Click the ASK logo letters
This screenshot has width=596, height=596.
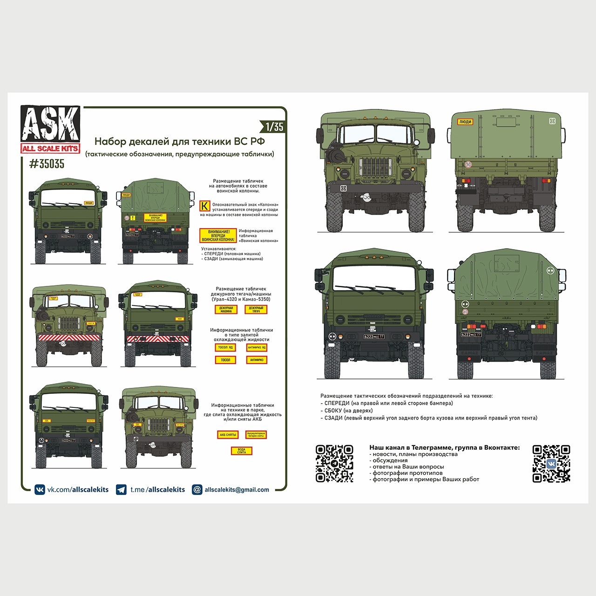(50, 124)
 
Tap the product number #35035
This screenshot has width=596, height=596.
(47, 164)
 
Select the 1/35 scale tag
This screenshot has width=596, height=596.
(274, 127)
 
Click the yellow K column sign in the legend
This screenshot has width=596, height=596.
(204, 206)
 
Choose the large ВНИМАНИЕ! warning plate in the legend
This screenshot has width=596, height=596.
(218, 236)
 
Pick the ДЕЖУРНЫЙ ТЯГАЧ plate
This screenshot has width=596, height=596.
(256, 309)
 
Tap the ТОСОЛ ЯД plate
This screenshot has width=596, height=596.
(225, 347)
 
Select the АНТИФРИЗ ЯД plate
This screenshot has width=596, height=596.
(256, 347)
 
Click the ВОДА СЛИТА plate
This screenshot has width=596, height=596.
(241, 451)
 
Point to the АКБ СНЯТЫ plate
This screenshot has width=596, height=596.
(228, 435)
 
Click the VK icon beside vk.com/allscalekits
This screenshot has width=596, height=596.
(40, 489)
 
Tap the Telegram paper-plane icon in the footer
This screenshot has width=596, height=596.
(121, 489)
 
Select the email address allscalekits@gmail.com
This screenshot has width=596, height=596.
(237, 490)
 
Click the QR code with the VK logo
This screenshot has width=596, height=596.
(551, 463)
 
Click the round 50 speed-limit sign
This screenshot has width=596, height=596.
(468, 164)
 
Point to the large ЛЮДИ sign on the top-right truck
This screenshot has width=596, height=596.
(465, 122)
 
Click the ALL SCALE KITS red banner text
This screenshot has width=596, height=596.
(50, 149)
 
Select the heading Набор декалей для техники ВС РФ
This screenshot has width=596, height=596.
(179, 142)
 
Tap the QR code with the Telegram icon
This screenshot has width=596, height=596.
(334, 463)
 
